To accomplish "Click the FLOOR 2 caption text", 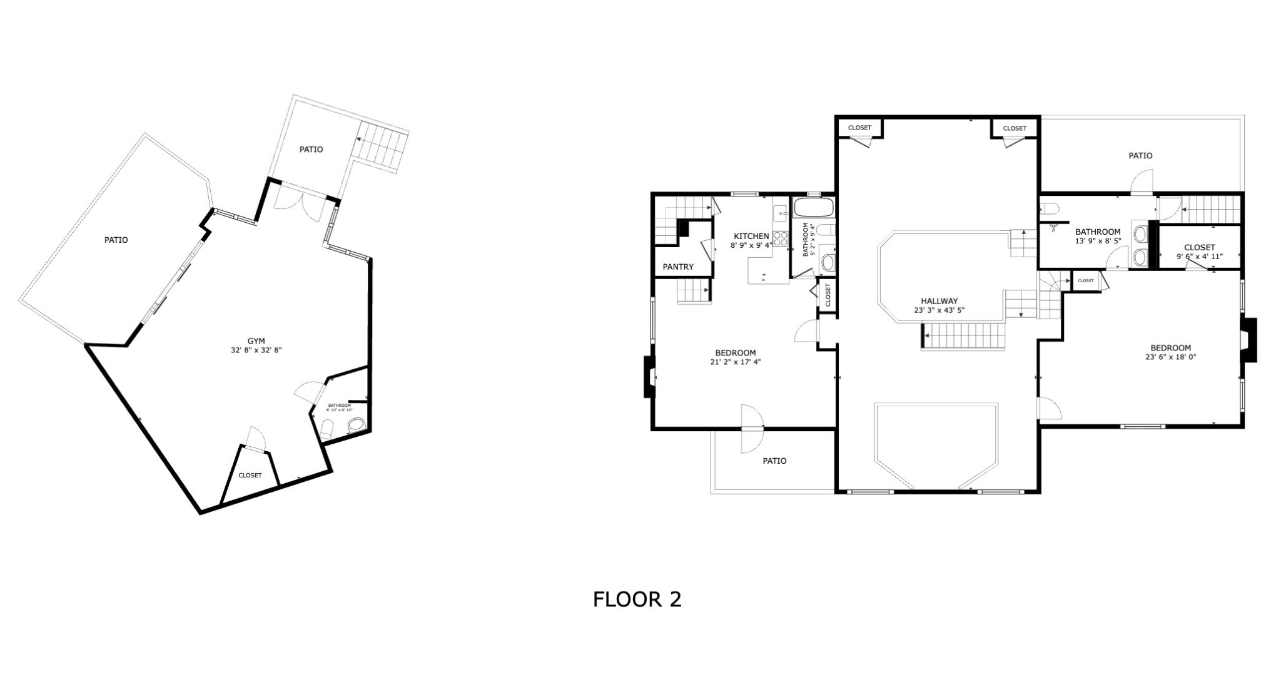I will [637, 600].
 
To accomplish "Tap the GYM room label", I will [256, 341].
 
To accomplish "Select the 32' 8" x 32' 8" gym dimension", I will [256, 350].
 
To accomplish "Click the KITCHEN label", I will [751, 236].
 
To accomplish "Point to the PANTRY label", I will [678, 267].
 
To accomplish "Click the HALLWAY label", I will [939, 301].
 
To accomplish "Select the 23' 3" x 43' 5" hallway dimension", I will [939, 310].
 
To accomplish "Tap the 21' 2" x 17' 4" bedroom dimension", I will [736, 362].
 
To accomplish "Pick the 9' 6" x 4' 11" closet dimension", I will [1199, 257].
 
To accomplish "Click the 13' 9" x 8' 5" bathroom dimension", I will [1098, 241].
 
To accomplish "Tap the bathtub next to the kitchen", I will [813, 207].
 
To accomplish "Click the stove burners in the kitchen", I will [780, 238].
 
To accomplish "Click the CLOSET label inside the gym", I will [250, 475].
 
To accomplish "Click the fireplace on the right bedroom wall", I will [1249, 340].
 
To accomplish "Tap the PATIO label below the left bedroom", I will [774, 461].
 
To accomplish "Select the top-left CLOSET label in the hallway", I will [859, 128].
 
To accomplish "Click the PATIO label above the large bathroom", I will [1140, 155].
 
